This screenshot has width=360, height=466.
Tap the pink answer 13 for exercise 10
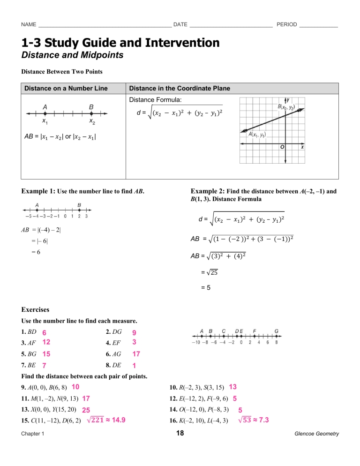point(232,387)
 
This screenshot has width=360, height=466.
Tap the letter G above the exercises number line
point(277,331)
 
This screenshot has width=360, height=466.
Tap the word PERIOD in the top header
point(287,24)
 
